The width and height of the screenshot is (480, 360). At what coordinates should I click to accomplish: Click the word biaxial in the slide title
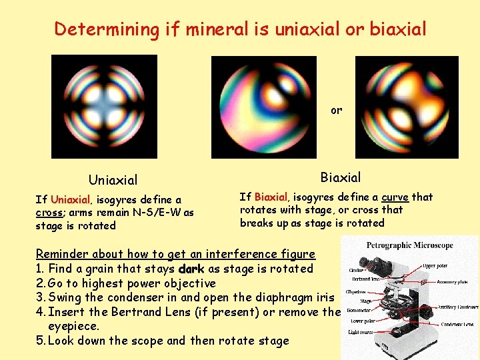pyautogui.click(x=399, y=29)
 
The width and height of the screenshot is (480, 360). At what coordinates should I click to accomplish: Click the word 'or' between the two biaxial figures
pyautogui.click(x=336, y=111)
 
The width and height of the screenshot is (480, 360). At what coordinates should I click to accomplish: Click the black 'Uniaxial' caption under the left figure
pyautogui.click(x=113, y=180)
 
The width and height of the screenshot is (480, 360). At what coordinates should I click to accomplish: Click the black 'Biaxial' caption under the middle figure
pyautogui.click(x=340, y=177)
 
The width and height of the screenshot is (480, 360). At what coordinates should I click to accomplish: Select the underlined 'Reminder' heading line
pyautogui.click(x=175, y=254)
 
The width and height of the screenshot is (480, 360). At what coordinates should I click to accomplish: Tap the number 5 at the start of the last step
pyautogui.click(x=39, y=341)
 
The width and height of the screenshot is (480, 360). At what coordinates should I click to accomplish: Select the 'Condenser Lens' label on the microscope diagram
pyautogui.click(x=459, y=325)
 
